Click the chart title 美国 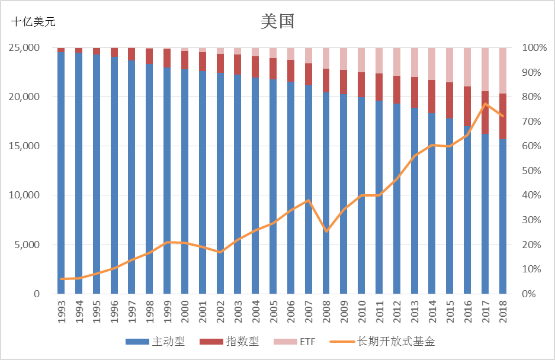[277, 21]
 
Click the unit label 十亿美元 [33, 22]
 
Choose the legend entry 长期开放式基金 [384, 342]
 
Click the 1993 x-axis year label [62, 313]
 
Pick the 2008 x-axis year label [327, 313]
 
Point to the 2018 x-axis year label [503, 313]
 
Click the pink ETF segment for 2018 [503, 70]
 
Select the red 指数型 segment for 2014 [432, 97]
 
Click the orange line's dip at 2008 [326, 231]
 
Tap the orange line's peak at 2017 [485, 104]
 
